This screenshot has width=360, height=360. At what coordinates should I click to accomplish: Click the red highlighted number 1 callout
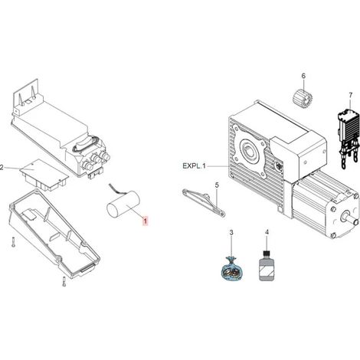pyautogui.click(x=145, y=221)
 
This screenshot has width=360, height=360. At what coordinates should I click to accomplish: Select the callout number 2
pyautogui.click(x=2, y=168)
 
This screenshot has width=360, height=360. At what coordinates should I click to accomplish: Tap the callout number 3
pyautogui.click(x=231, y=233)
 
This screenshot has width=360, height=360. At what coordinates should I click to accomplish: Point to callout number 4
pyautogui.click(x=267, y=232)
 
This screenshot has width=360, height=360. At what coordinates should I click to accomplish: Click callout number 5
pyautogui.click(x=217, y=185)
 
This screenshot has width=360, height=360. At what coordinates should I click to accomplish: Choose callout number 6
pyautogui.click(x=303, y=76)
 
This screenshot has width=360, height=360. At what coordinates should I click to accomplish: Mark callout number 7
pyautogui.click(x=351, y=95)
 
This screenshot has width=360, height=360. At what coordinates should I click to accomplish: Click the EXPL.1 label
pyautogui.click(x=194, y=166)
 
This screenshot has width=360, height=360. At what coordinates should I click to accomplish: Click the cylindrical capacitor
pyautogui.click(x=123, y=205)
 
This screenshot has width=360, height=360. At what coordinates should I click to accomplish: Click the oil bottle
pyautogui.click(x=267, y=266)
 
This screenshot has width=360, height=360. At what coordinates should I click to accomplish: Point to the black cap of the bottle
pyautogui.click(x=267, y=254)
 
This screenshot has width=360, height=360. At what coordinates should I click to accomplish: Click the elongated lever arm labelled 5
pyautogui.click(x=204, y=203)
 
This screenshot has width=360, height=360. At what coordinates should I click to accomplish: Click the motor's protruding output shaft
pyautogui.click(x=350, y=218)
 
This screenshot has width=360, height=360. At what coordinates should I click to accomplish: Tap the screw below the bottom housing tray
pyautogui.click(x=64, y=281)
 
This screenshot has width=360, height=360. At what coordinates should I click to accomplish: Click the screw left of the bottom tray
pyautogui.click(x=13, y=242)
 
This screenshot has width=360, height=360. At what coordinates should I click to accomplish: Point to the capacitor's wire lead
pyautogui.click(x=117, y=189)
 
